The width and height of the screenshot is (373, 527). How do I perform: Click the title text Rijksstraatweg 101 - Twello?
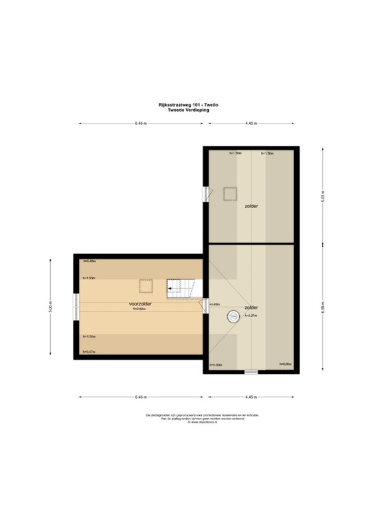(188, 105)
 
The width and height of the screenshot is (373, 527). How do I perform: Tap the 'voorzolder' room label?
(140, 303)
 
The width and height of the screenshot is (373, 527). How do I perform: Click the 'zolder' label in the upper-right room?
(251, 205)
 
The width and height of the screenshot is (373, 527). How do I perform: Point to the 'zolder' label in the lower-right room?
(251, 307)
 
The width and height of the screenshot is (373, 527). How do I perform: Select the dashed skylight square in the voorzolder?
(146, 286)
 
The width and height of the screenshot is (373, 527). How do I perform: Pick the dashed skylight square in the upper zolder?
(229, 193)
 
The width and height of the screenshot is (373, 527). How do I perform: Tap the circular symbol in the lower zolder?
(232, 316)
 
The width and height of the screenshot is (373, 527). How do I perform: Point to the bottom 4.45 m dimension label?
(251, 397)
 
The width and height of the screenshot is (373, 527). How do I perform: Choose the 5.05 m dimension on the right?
(321, 196)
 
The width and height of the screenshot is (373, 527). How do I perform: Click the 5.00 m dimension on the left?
(49, 308)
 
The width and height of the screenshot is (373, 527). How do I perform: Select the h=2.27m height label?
(251, 316)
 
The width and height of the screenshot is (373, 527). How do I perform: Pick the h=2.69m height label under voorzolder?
(140, 309)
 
